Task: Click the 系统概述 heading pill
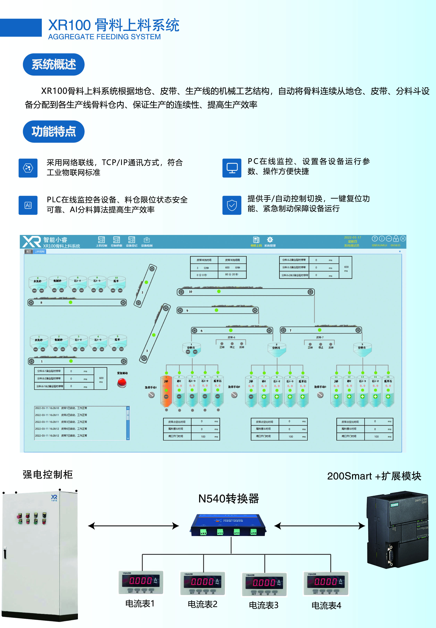pos(54,65)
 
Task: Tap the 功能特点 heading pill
pos(54,132)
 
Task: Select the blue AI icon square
pos(28,205)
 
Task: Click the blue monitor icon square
pos(232,168)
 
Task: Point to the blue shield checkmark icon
pos(232,205)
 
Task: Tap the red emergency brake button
pos(122,383)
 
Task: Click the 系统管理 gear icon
pos(270,240)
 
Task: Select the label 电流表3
pos(264,605)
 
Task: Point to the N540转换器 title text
pos(229,499)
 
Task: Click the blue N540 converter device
pos(228,525)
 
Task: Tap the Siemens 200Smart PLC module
pos(398,530)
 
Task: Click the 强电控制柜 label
pos(48,475)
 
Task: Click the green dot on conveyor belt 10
pos(219,291)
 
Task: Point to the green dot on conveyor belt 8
pos(71,302)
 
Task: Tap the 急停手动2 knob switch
pos(234,395)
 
